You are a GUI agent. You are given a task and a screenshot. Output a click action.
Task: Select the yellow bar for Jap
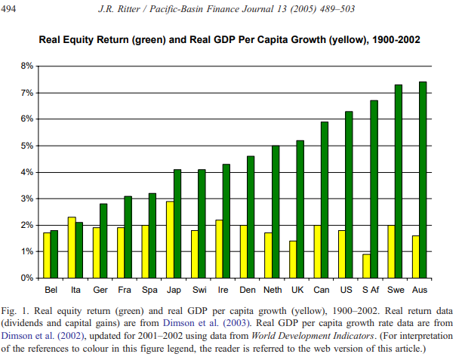click(x=170, y=239)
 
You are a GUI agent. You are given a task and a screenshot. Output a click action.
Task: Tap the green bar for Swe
click(x=398, y=181)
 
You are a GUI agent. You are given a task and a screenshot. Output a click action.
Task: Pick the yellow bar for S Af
click(x=366, y=266)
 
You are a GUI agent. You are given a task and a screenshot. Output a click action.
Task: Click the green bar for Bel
click(x=55, y=254)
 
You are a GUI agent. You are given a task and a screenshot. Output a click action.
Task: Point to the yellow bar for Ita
click(x=72, y=248)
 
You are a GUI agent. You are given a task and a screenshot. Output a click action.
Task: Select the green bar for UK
click(x=300, y=209)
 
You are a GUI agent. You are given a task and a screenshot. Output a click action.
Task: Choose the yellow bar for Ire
click(x=219, y=248)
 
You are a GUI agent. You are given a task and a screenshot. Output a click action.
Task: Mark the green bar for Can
click(x=325, y=199)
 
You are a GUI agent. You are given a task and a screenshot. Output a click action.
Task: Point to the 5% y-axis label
click(x=26, y=146)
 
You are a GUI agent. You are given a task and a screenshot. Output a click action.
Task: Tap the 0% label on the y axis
click(x=26, y=278)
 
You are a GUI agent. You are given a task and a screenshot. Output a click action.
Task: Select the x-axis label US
click(x=345, y=289)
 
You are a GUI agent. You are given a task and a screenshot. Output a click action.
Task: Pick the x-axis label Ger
click(x=100, y=289)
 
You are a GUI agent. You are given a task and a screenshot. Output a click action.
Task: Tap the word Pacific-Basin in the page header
click(x=187, y=8)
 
